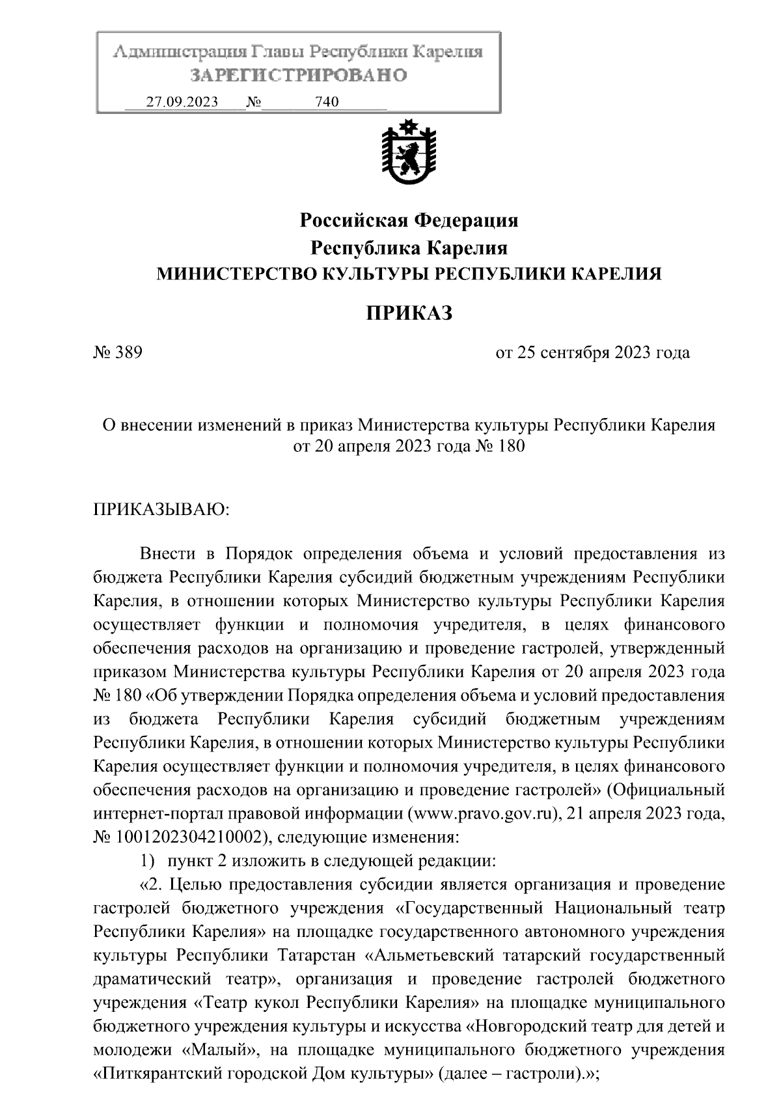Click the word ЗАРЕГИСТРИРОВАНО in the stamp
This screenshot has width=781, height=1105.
tap(299, 76)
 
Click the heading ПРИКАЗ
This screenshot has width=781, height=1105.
tap(409, 314)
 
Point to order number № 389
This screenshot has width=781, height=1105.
tap(118, 354)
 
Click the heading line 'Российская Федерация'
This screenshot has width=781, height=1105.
tap(409, 221)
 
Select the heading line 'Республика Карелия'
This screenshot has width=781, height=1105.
tap(409, 248)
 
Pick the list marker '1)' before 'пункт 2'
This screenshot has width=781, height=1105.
tap(148, 861)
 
